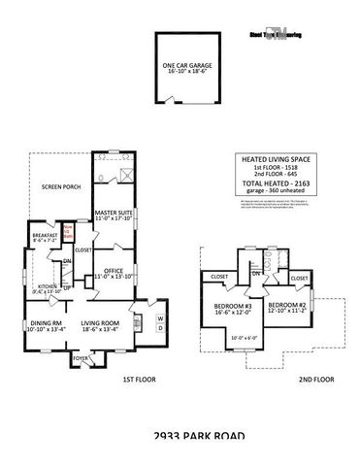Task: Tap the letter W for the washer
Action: (160, 318)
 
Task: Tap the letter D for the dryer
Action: (160, 329)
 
